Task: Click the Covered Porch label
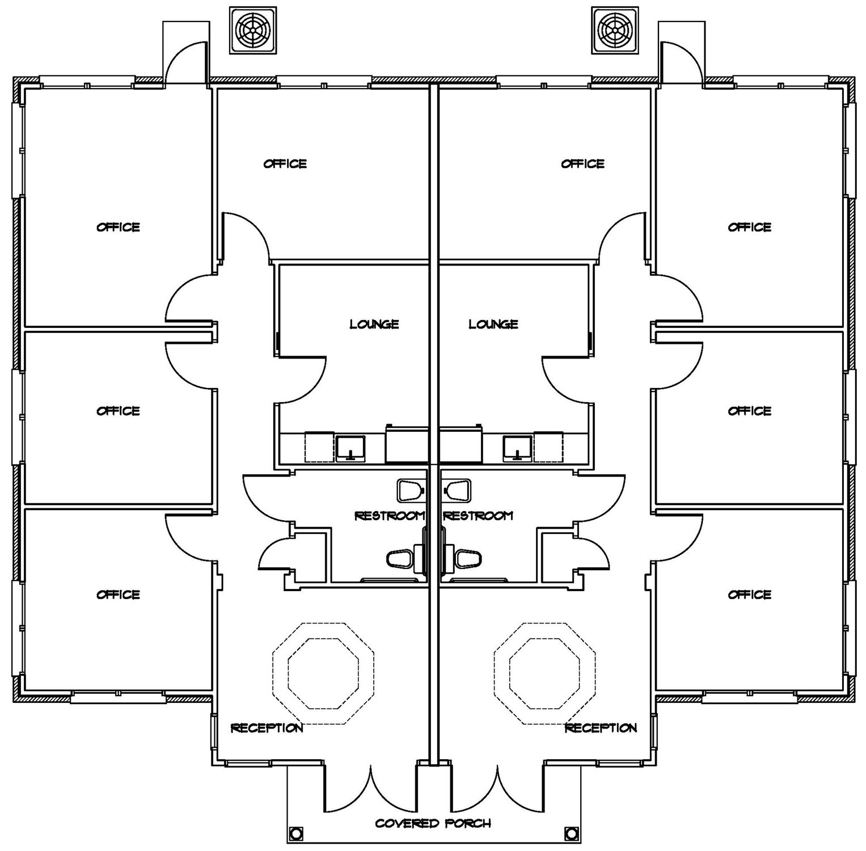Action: coord(433,823)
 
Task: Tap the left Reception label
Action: coord(267,728)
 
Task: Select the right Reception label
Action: coord(601,728)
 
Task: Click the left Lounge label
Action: coord(374,324)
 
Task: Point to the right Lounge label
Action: coord(493,324)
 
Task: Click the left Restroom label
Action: coord(390,516)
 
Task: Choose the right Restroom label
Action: coord(478,516)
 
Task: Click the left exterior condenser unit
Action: coord(253,31)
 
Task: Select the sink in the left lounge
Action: coord(351,448)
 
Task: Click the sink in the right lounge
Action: coord(517,448)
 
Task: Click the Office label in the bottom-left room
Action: coord(118,595)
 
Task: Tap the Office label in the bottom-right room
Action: coord(750,595)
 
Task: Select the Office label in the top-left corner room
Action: coord(118,227)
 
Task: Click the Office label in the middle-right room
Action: coord(750,411)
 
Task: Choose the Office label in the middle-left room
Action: coord(118,411)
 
